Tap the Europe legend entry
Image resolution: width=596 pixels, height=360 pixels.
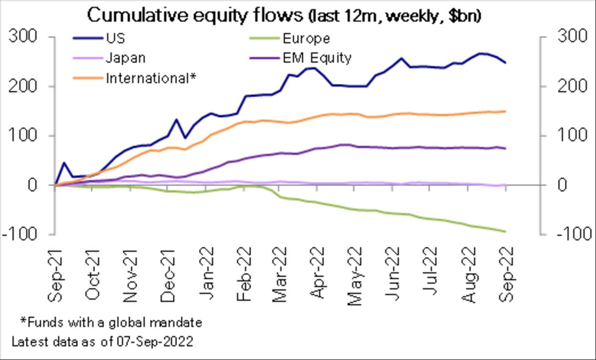(x=305, y=39)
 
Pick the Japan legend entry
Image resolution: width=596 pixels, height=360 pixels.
(x=125, y=58)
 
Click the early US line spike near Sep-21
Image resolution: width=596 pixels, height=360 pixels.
(x=64, y=162)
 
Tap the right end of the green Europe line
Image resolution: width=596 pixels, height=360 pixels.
(x=505, y=231)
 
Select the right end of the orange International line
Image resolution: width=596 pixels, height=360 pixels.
(x=505, y=111)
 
